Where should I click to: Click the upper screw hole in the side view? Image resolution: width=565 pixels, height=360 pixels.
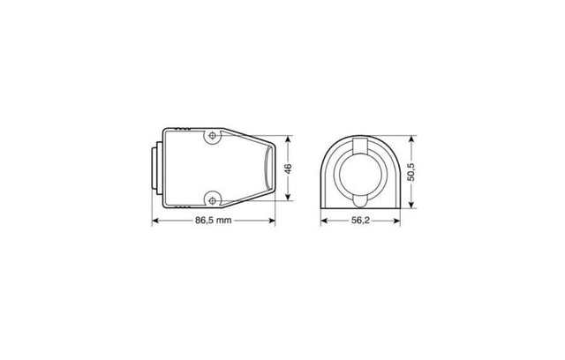(212, 137)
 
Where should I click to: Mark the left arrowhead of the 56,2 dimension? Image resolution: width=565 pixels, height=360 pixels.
(323, 220)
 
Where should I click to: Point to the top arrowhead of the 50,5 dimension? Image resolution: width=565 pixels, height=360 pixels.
(415, 136)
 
